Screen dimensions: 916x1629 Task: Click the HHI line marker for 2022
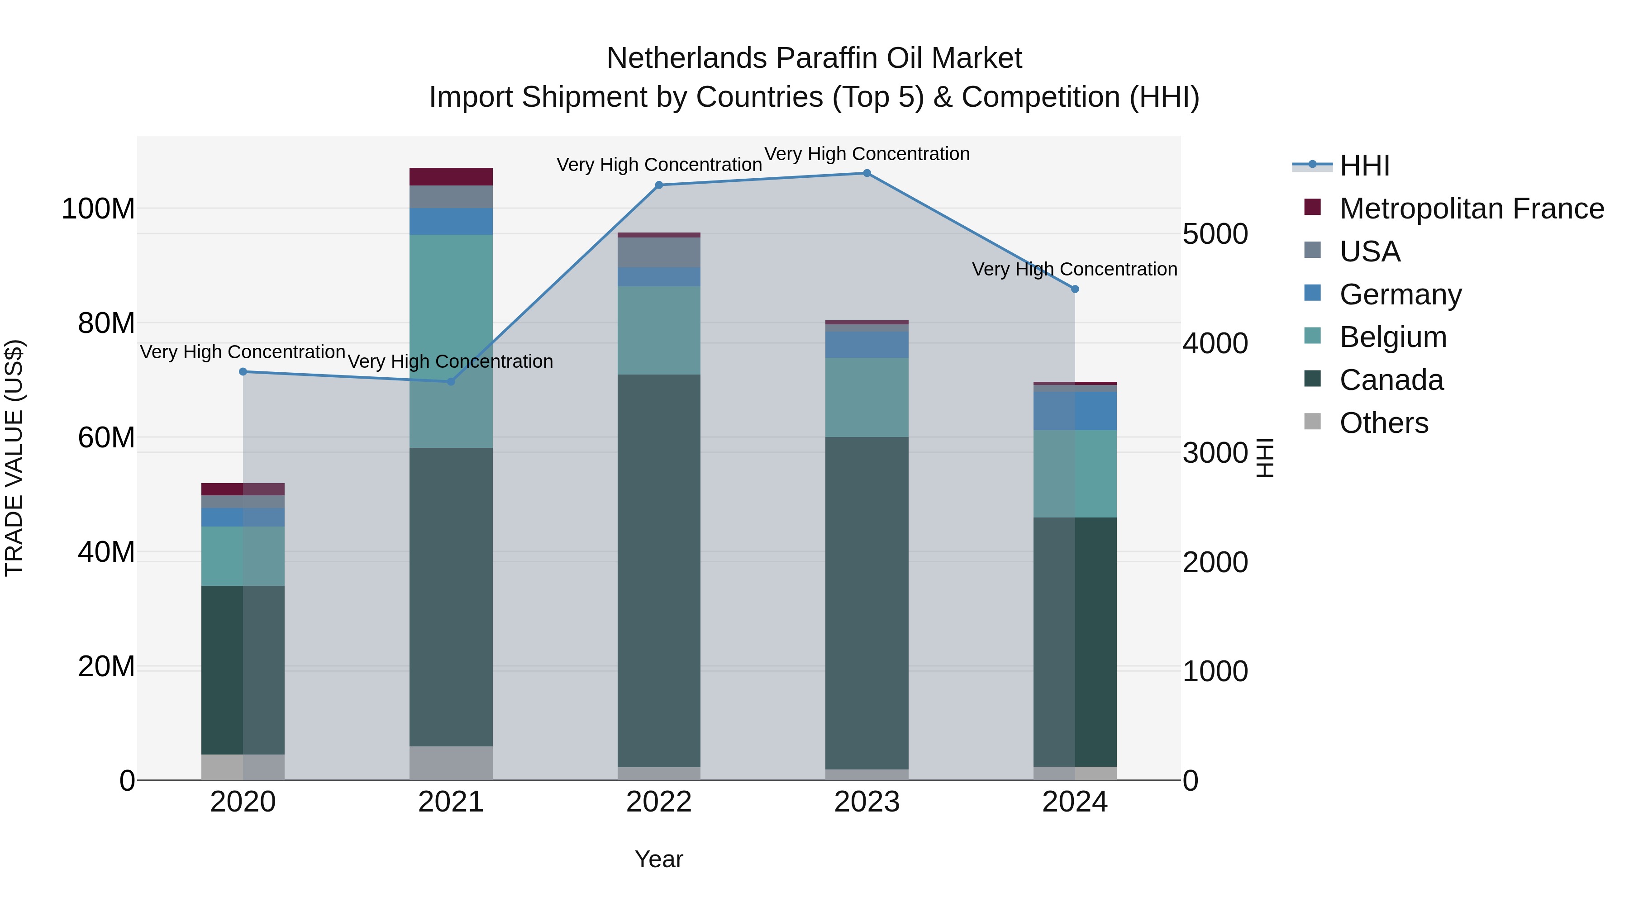[x=659, y=185]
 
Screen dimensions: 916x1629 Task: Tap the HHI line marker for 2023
[x=867, y=173]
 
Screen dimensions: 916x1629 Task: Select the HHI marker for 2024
[x=1075, y=289]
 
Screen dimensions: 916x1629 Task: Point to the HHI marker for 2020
[x=243, y=372]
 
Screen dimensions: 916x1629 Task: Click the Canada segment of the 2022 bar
[x=659, y=569]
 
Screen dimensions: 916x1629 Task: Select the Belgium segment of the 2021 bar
[x=451, y=342]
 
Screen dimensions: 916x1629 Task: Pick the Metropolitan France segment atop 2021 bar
[x=451, y=176]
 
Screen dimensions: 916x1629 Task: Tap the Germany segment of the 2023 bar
[x=867, y=345]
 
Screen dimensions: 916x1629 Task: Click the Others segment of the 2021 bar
[x=451, y=763]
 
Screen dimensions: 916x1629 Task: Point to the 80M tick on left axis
[x=106, y=323]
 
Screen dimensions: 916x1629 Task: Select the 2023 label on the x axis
[x=867, y=802]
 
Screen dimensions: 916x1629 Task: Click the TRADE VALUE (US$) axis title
[x=14, y=458]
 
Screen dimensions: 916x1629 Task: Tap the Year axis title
[x=659, y=859]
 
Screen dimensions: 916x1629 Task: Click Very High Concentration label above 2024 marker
[x=1074, y=269]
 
